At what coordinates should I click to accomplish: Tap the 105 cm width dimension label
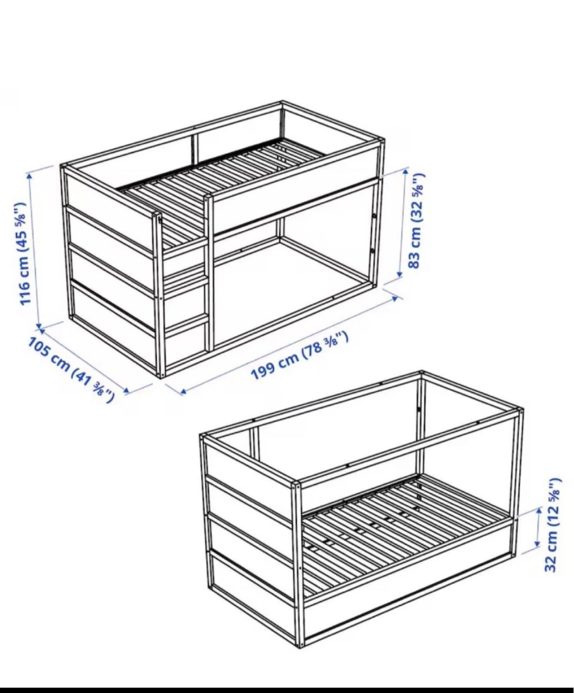(70, 369)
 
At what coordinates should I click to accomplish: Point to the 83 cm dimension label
(416, 220)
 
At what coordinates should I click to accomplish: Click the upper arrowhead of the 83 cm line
(406, 172)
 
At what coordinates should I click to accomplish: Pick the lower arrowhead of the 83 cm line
(399, 273)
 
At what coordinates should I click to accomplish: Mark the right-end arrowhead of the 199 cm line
(395, 298)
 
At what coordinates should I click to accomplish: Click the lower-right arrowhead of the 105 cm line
(127, 390)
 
